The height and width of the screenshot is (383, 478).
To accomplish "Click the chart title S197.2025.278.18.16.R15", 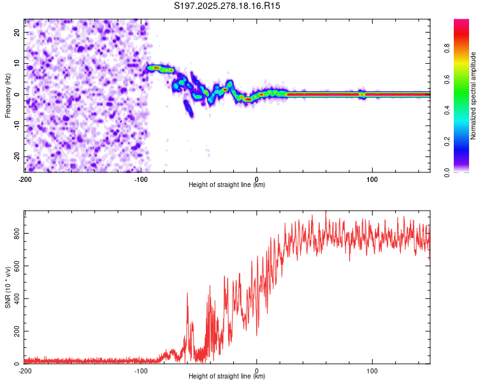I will (228, 6).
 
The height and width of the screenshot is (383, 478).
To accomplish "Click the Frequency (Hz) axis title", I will (8, 95).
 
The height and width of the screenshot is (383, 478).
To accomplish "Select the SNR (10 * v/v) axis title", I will (8, 287).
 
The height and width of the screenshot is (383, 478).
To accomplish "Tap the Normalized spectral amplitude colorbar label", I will (474, 96).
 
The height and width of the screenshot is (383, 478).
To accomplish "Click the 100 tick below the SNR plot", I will (373, 371).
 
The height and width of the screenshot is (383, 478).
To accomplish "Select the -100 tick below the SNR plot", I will (140, 371).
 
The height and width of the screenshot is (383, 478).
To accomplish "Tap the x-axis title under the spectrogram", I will (227, 185).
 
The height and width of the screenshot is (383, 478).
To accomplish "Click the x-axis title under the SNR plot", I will (227, 377).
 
